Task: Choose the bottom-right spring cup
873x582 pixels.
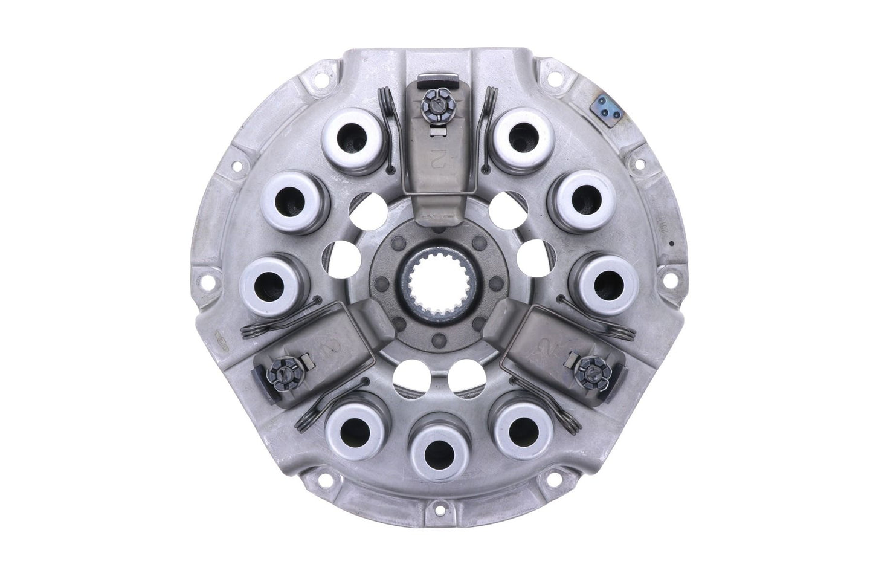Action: [515, 426]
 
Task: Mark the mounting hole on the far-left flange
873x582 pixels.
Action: [208, 283]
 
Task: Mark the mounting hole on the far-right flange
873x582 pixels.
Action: [670, 282]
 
